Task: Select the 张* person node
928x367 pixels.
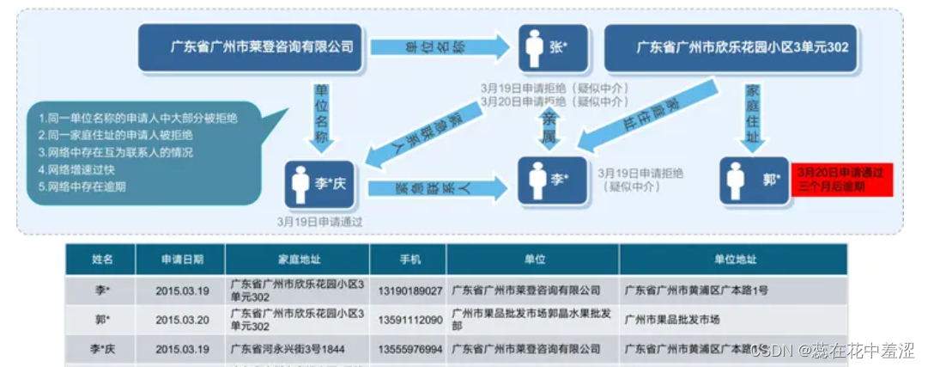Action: point(553,48)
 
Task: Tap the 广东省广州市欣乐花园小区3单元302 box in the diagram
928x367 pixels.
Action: point(741,48)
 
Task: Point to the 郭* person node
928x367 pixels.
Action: point(755,180)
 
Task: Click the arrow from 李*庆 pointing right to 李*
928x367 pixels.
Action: point(439,188)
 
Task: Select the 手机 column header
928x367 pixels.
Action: point(408,259)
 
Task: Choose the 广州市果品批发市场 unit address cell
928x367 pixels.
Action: point(672,320)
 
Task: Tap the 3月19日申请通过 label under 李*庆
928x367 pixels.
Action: point(319,221)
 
